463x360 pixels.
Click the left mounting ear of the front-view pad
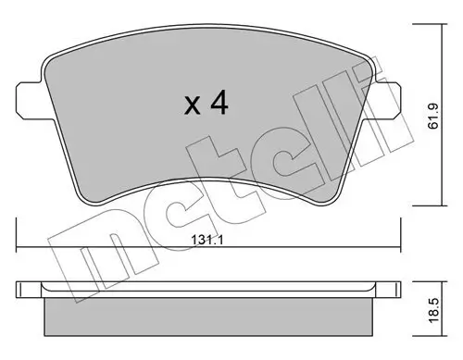pos(27,99)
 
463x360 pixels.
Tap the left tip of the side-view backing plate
pos(18,288)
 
